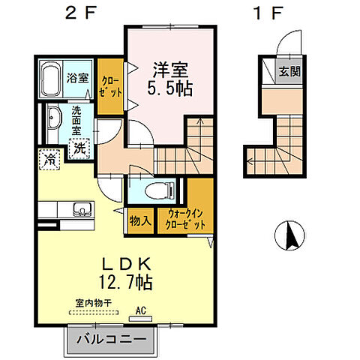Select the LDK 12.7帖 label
[127, 273]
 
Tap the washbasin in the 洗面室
[53, 119]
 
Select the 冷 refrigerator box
[49, 159]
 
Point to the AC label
[140, 309]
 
